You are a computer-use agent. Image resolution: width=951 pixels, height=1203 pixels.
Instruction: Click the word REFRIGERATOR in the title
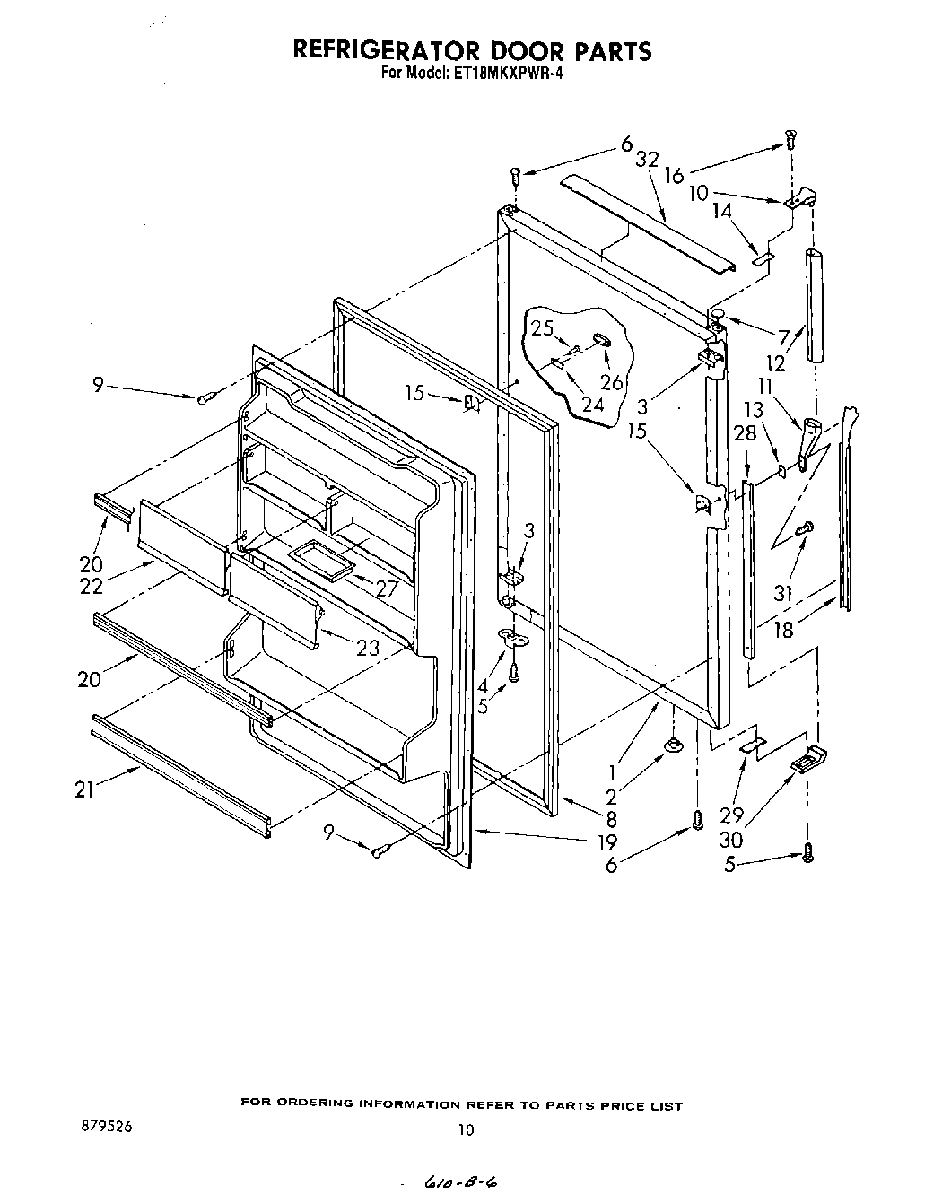(x=396, y=49)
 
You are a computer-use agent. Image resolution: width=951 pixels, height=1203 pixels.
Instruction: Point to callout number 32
(x=647, y=160)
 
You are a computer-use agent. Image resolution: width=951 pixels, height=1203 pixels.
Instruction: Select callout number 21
(x=86, y=789)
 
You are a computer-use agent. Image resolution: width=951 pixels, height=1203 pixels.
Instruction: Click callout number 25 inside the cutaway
(x=542, y=328)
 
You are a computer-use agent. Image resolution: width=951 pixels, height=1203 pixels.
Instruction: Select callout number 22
(x=91, y=587)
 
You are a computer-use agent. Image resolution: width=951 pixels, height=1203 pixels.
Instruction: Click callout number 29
(x=732, y=815)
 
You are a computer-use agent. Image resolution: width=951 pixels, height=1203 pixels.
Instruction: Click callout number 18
(x=783, y=629)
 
